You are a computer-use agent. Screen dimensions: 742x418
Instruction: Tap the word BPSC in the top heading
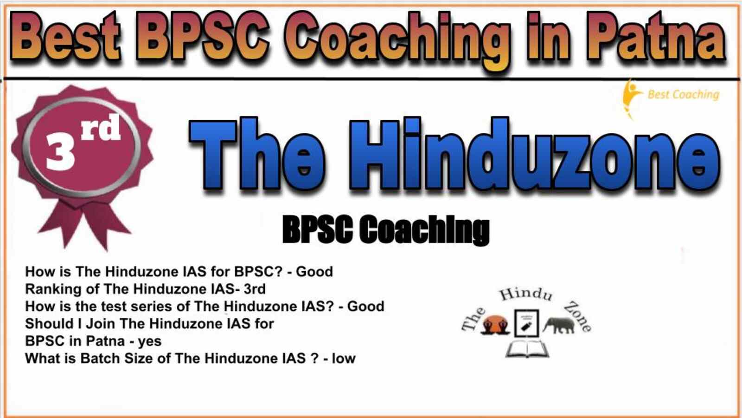pyautogui.click(x=202, y=37)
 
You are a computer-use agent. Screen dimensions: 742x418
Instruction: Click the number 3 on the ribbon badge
pyautogui.click(x=60, y=151)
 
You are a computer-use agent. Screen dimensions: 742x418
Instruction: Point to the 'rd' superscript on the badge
pyautogui.click(x=101, y=128)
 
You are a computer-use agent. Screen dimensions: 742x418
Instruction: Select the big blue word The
pyautogui.click(x=257, y=154)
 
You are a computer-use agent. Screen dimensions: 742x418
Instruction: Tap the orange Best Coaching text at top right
pyautogui.click(x=684, y=95)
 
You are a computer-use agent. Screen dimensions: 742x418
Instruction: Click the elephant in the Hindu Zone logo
pyautogui.click(x=560, y=325)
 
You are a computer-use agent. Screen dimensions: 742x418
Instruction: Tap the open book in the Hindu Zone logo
pyautogui.click(x=527, y=349)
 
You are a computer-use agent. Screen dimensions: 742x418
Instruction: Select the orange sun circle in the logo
pyautogui.click(x=495, y=323)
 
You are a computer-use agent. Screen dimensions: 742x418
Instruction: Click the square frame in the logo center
pyautogui.click(x=526, y=310)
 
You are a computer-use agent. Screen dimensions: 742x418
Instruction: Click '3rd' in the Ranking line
pyautogui.click(x=255, y=289)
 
